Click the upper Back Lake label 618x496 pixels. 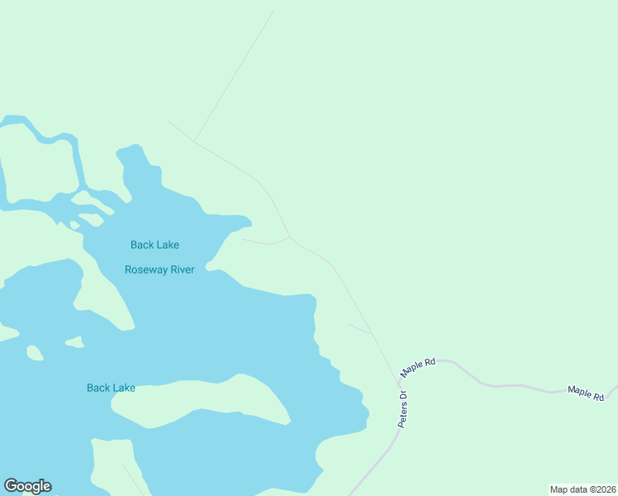point(154,245)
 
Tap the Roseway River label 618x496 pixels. point(159,269)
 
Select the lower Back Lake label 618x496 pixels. point(111,388)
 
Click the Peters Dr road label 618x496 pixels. point(404,408)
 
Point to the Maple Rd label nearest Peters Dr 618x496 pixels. point(418,368)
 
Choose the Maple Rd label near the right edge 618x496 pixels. point(585,393)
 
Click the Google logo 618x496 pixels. point(27,486)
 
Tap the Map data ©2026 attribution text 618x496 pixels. point(583,489)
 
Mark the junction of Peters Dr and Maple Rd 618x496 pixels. point(397,381)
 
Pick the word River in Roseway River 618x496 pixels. point(178,269)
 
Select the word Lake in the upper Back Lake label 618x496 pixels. point(167,245)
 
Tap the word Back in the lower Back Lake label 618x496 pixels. point(98,388)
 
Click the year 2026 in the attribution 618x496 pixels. point(606,489)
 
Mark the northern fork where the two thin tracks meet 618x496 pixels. point(194,141)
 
